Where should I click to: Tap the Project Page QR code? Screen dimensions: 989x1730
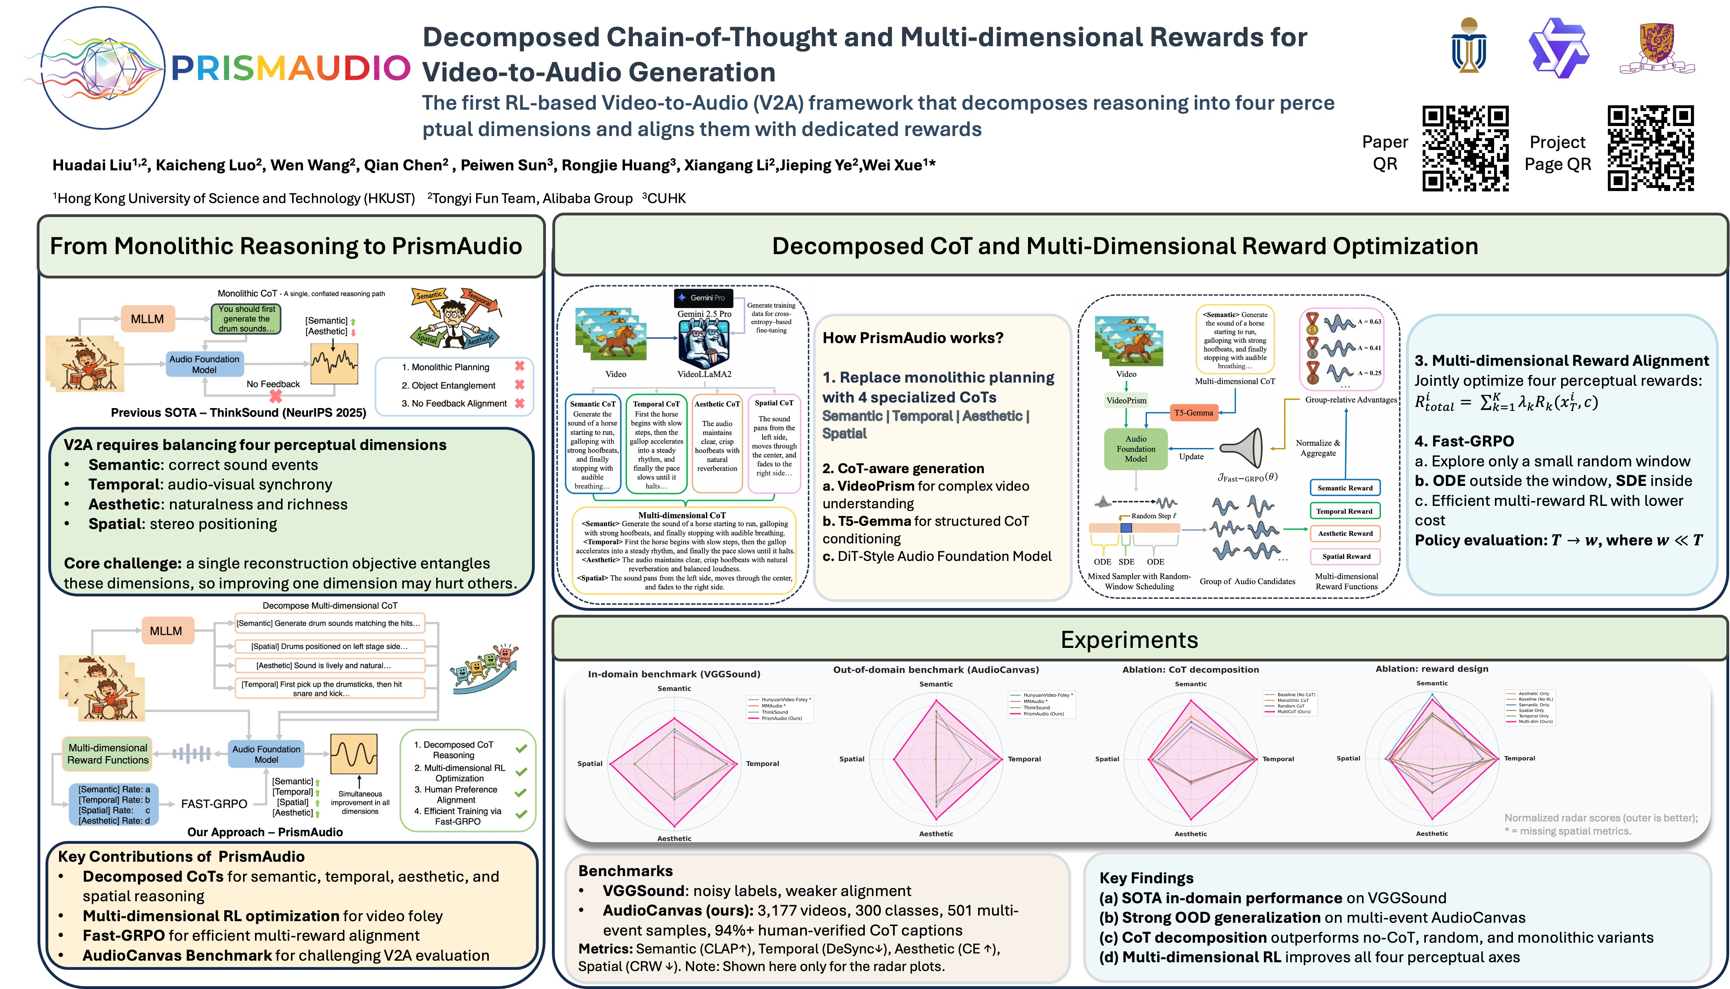(1651, 148)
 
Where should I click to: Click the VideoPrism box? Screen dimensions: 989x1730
(1126, 400)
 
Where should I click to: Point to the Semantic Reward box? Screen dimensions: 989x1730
(1345, 488)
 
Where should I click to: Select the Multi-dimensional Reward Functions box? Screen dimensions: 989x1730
(107, 754)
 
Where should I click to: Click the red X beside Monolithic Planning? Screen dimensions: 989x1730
(520, 366)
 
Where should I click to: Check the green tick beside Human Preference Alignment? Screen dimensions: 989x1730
(521, 793)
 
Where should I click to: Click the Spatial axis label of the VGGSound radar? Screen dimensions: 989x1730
(590, 764)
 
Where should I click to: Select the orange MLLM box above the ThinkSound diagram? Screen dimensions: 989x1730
(147, 319)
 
